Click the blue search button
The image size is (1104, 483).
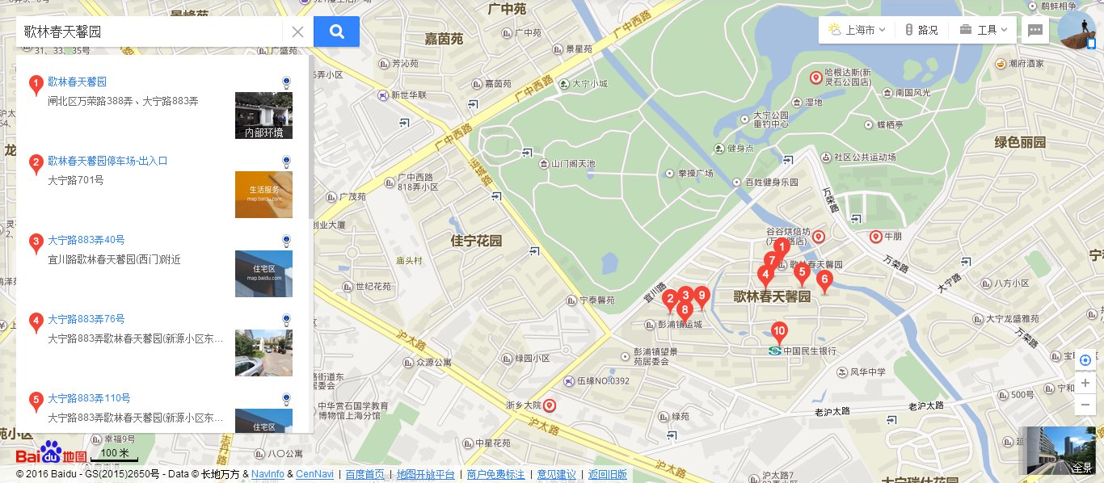pos(336,31)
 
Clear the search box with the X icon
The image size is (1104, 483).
pos(297,32)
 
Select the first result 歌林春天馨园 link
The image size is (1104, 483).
pos(77,82)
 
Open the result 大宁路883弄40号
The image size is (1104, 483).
pos(86,240)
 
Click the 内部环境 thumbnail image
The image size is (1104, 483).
pos(263,115)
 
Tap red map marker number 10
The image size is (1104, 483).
pos(779,330)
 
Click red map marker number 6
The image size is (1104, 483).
pos(824,281)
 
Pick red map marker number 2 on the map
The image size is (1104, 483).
pos(669,300)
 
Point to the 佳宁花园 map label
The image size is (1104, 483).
pos(476,241)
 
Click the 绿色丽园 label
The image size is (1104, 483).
pos(1020,142)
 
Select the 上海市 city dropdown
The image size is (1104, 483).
pos(857,30)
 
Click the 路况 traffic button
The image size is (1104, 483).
pos(921,30)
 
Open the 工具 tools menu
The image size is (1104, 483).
pos(984,30)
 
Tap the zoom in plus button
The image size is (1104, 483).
pos(1085,383)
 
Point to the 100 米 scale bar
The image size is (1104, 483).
pos(114,456)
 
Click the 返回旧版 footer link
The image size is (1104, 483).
pos(607,474)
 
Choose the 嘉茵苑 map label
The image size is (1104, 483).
pos(444,38)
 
